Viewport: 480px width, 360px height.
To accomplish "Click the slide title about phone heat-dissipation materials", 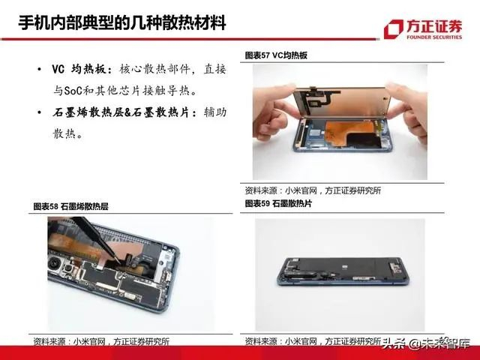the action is pyautogui.click(x=122, y=22).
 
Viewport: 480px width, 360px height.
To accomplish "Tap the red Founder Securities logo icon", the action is pyautogui.click(x=393, y=28).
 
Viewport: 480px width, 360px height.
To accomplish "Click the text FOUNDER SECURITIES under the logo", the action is pyautogui.click(x=434, y=37).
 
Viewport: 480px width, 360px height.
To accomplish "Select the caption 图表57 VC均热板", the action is pyautogui.click(x=276, y=55).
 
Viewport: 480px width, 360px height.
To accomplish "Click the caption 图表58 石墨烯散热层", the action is pyautogui.click(x=70, y=206).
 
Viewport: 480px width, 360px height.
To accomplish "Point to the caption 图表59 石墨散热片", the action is pyautogui.click(x=278, y=203).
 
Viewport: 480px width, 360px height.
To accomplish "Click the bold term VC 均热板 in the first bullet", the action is pyautogui.click(x=82, y=70).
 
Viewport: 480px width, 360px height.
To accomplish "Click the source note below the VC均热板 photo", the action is pyautogui.click(x=313, y=190).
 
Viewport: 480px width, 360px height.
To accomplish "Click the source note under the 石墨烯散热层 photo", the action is pyautogui.click(x=101, y=341).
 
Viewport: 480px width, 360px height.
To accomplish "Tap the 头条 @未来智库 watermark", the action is pyautogui.click(x=426, y=343).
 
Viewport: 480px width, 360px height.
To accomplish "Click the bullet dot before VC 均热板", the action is pyautogui.click(x=39, y=70).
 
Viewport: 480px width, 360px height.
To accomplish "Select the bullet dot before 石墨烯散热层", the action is pyautogui.click(x=39, y=112).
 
